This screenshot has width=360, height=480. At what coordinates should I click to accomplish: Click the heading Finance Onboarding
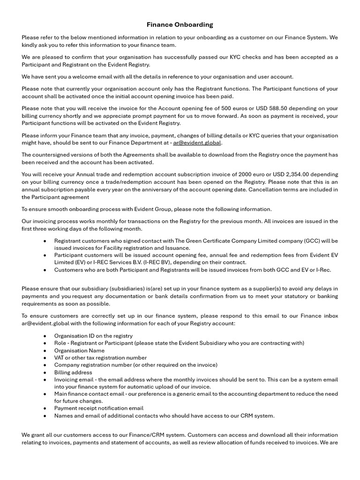[x=180, y=24]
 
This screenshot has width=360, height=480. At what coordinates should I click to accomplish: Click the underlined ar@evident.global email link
[x=197, y=143]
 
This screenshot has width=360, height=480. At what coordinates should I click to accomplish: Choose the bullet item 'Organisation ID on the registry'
[x=93, y=336]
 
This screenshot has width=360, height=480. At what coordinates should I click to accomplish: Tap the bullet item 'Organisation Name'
[x=79, y=350]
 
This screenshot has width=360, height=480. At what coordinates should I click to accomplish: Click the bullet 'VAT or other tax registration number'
[x=100, y=358]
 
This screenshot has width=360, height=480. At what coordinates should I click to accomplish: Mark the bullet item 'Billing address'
[x=73, y=372]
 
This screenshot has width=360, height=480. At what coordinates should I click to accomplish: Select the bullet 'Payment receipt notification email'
[x=98, y=408]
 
